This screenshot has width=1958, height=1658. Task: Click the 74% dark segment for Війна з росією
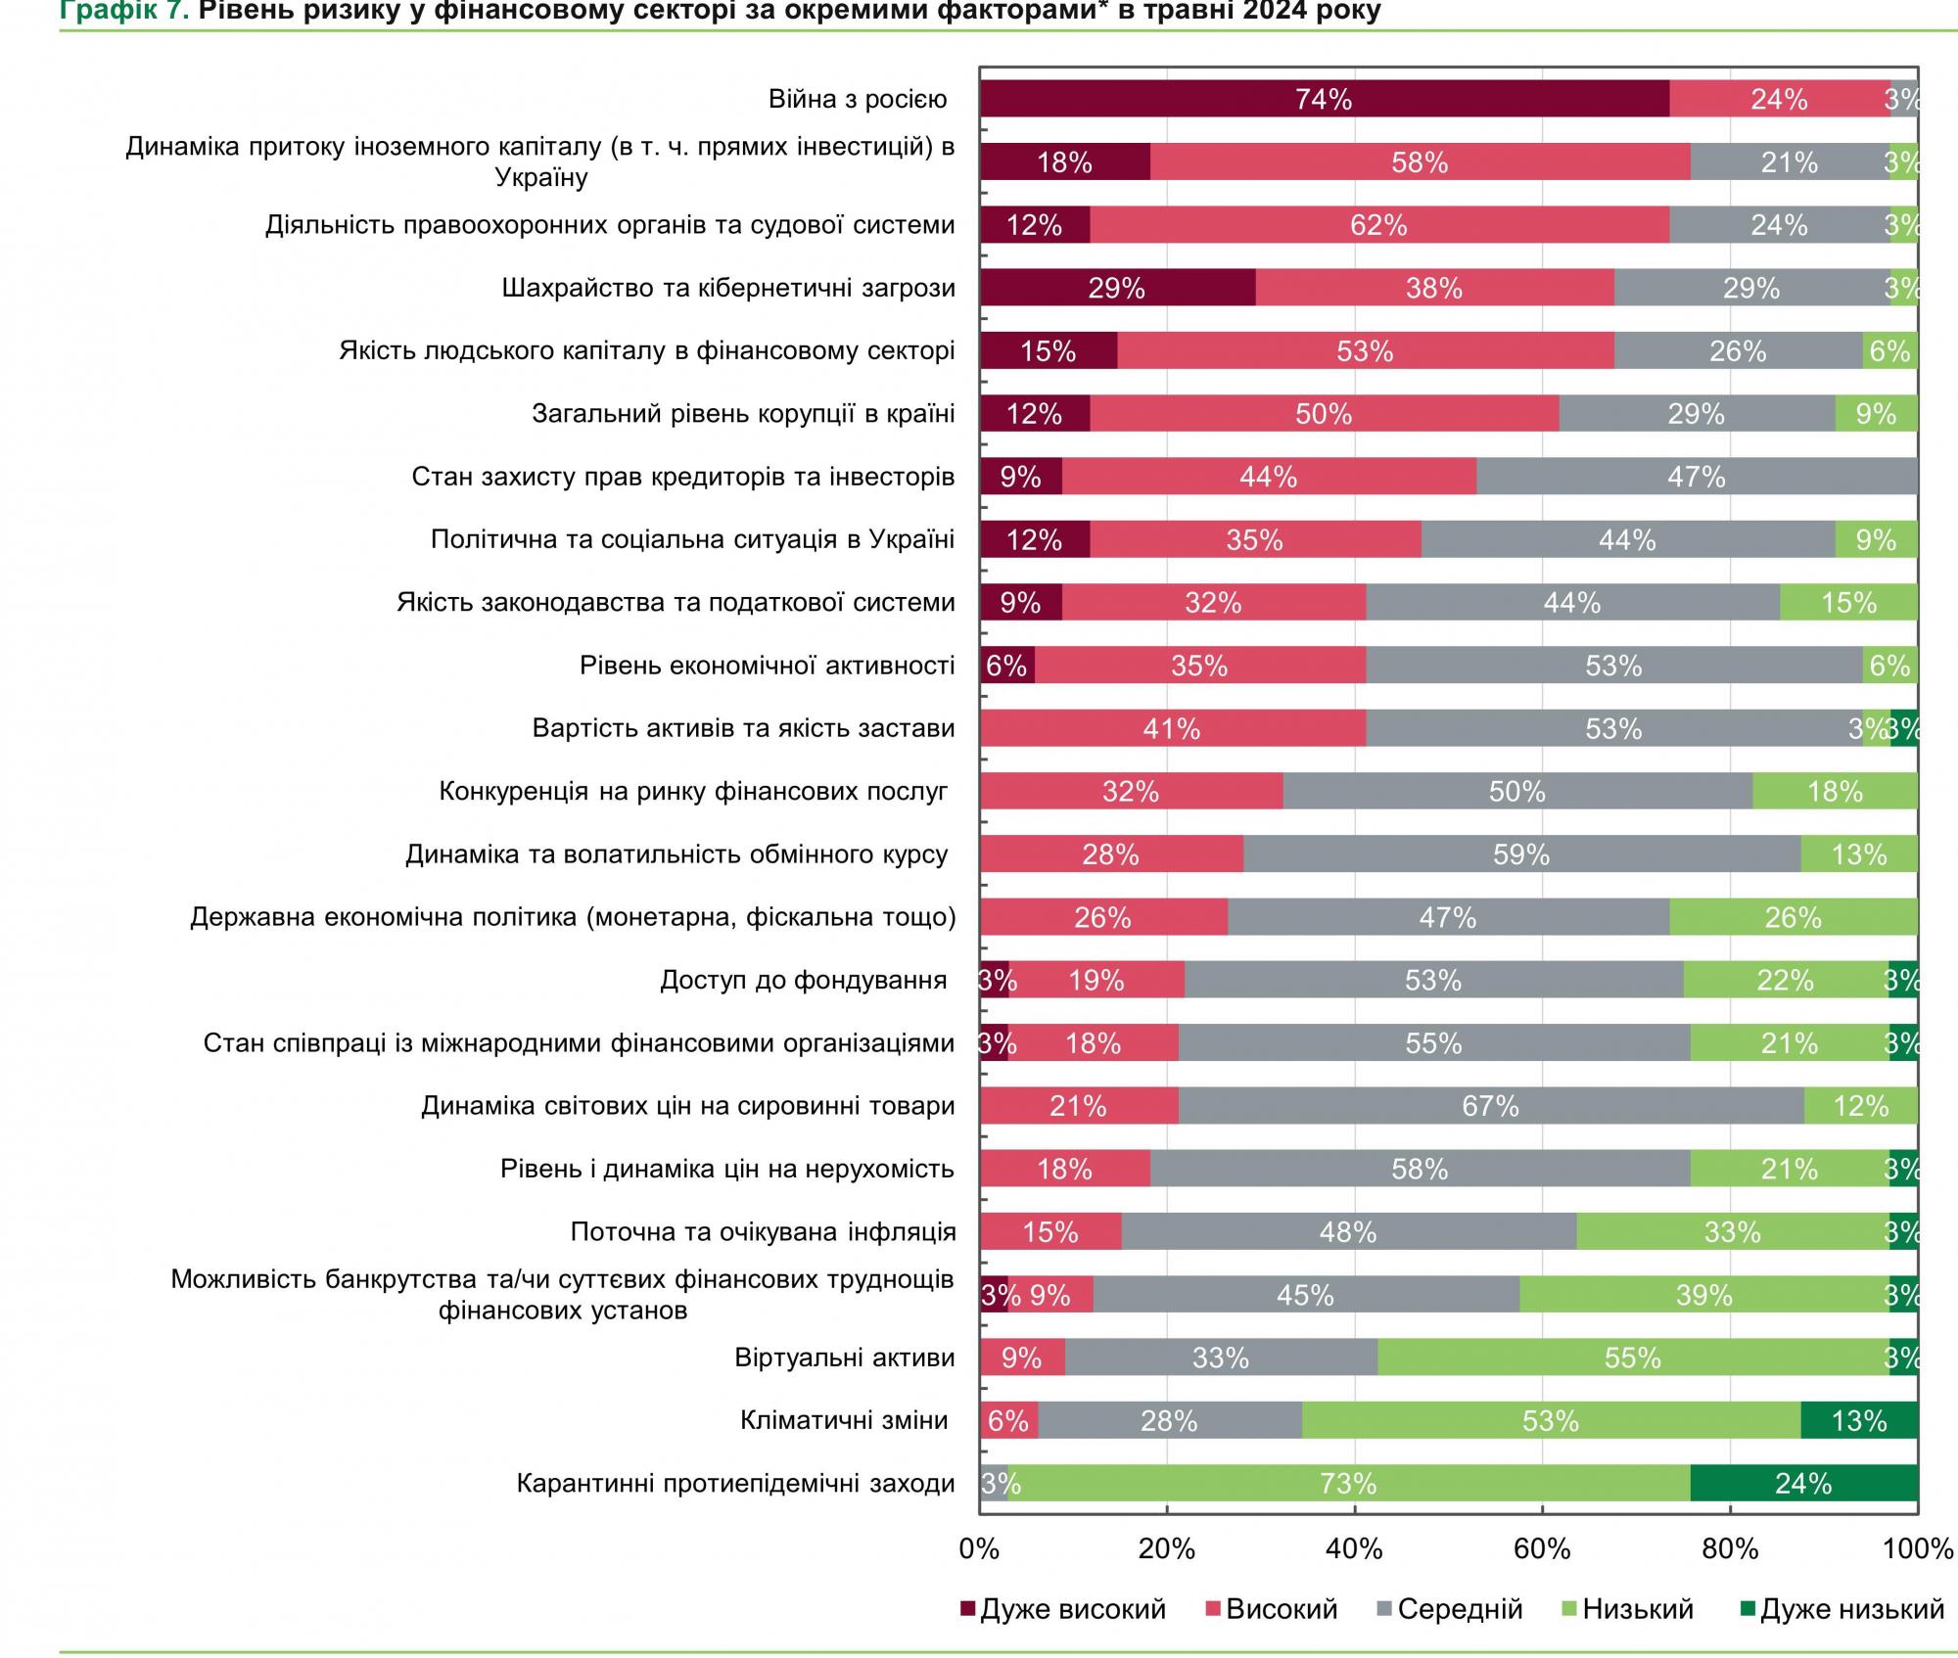(x=1324, y=99)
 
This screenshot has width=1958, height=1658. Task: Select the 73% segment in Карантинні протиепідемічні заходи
(x=1348, y=1484)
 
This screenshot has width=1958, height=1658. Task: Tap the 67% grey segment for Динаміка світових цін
(x=1490, y=1106)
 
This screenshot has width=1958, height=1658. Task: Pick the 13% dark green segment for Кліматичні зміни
(x=1858, y=1420)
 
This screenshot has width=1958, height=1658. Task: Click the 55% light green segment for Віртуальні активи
(x=1632, y=1358)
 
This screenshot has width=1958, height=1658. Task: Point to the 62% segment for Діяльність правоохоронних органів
(x=1378, y=225)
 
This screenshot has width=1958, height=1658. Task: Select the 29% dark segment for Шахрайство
(x=1116, y=288)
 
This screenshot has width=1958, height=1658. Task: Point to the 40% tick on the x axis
(x=1355, y=1548)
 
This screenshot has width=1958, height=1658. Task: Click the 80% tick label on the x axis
(x=1730, y=1548)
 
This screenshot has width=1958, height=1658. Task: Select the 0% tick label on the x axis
(x=979, y=1548)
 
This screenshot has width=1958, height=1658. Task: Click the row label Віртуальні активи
(x=845, y=1358)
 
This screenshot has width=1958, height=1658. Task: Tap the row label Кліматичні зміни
(x=844, y=1420)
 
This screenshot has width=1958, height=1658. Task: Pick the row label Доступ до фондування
(x=803, y=980)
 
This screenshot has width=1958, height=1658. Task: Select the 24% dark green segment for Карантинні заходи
(x=1803, y=1484)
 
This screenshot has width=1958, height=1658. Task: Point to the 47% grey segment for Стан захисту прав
(x=1696, y=477)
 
